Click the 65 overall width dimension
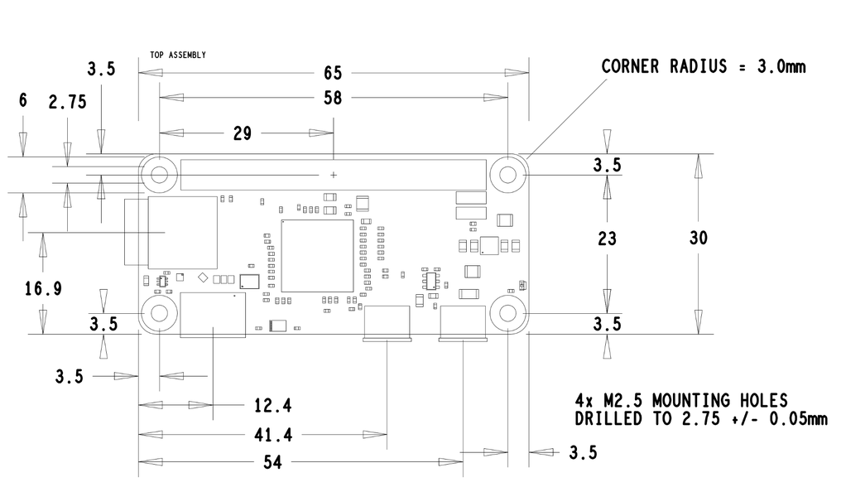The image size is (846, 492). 333,73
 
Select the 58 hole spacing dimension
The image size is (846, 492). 333,99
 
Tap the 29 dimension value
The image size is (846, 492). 243,133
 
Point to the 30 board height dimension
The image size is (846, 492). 698,239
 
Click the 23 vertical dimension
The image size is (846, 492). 607,239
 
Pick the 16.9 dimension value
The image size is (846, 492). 43,289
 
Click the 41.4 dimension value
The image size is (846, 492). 273,435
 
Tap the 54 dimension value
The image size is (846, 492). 272,462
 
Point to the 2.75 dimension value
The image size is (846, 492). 67,102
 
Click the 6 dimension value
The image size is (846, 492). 22,100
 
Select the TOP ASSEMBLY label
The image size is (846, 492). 178,55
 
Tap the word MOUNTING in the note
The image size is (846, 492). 693,401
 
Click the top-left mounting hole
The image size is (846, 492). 159,175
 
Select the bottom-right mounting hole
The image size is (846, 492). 507,313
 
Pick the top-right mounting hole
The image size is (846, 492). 507,175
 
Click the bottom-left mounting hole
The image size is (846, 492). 159,313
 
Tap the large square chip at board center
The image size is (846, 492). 317,256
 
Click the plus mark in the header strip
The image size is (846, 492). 334,175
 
